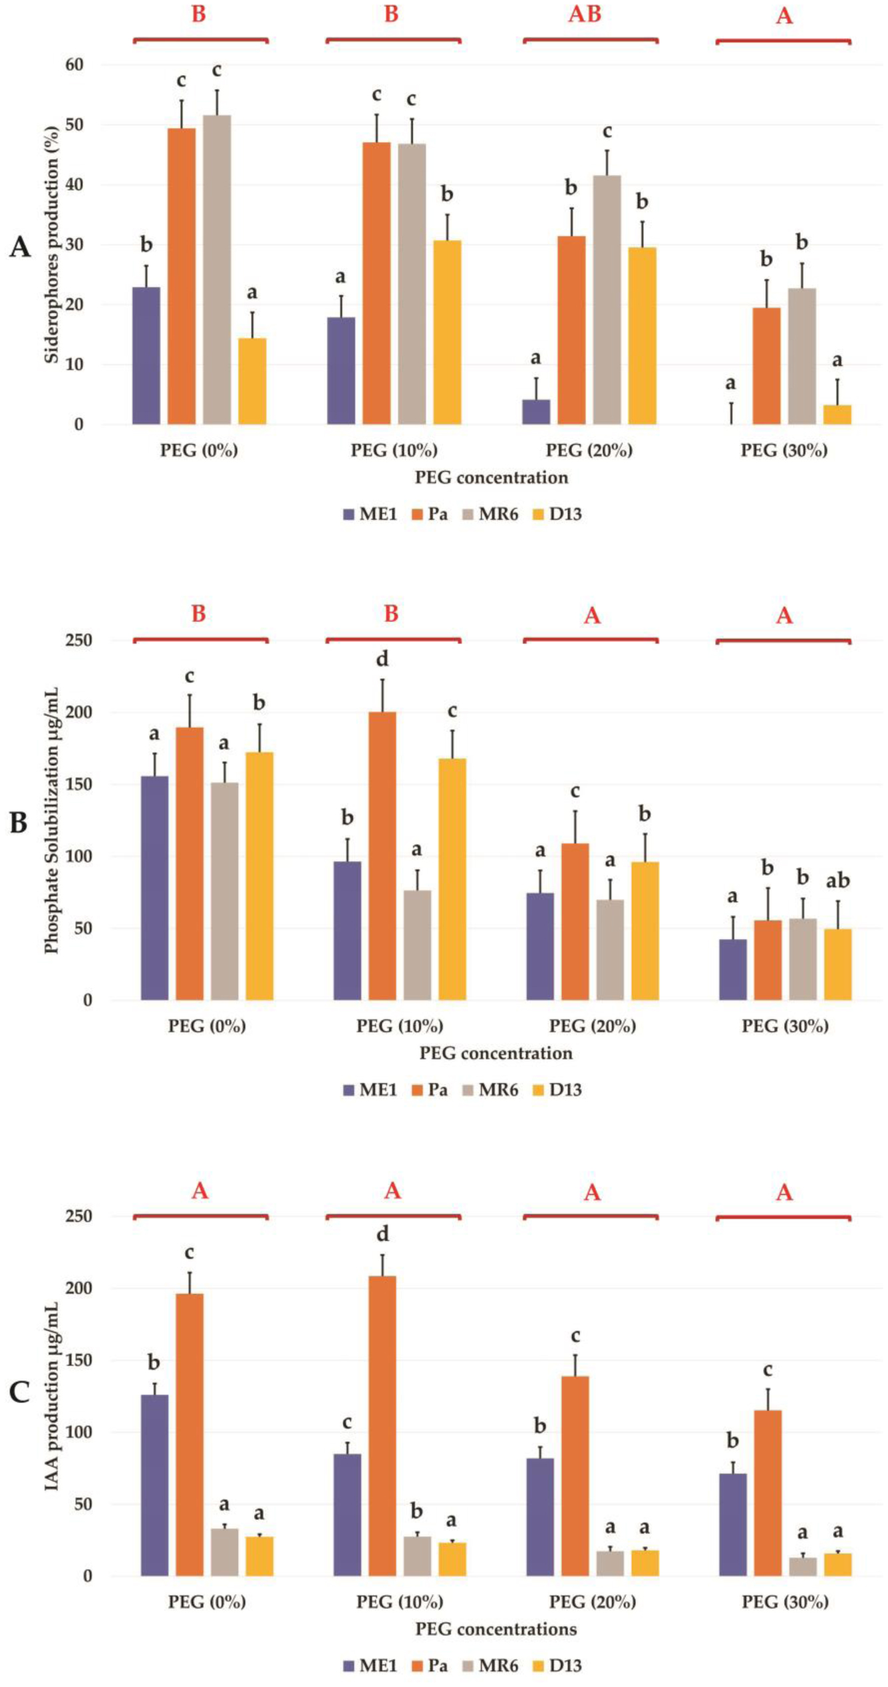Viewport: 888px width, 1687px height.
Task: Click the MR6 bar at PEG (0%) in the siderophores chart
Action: (x=217, y=270)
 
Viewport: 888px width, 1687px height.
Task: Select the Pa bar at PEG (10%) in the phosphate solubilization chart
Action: (x=382, y=856)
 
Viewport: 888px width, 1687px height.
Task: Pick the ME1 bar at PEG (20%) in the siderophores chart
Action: (x=536, y=412)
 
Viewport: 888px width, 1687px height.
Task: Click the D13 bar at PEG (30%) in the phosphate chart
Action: (x=837, y=964)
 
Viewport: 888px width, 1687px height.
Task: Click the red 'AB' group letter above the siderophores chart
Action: (x=585, y=15)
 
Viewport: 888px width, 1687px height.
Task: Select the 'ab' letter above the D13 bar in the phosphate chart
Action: (x=837, y=880)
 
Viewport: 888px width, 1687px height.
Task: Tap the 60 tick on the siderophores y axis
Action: (x=74, y=65)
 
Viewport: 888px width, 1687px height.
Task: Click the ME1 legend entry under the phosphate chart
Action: (x=370, y=1090)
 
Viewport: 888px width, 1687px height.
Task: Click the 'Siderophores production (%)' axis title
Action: (x=52, y=244)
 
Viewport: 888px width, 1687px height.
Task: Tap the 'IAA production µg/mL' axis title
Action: (x=52, y=1396)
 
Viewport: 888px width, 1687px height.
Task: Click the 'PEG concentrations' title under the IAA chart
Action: (x=496, y=1629)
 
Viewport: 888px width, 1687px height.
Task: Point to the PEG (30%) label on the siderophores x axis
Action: (x=784, y=451)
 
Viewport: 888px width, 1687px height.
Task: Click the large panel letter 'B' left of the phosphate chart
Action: (x=19, y=823)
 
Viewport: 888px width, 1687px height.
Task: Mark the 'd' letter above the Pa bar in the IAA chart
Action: (x=382, y=1235)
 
